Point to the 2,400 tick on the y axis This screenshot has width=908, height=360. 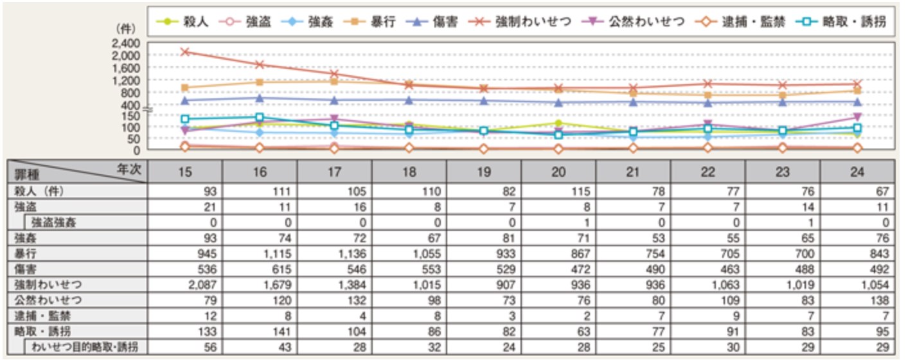pyautogui.click(x=126, y=44)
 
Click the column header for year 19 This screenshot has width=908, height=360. pyautogui.click(x=484, y=171)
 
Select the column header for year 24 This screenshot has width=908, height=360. pyautogui.click(x=857, y=171)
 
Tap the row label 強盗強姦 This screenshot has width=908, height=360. pyautogui.click(x=55, y=222)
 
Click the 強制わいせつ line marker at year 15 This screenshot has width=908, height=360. pyautogui.click(x=185, y=51)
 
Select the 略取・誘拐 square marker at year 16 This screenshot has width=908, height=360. pyautogui.click(x=260, y=118)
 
